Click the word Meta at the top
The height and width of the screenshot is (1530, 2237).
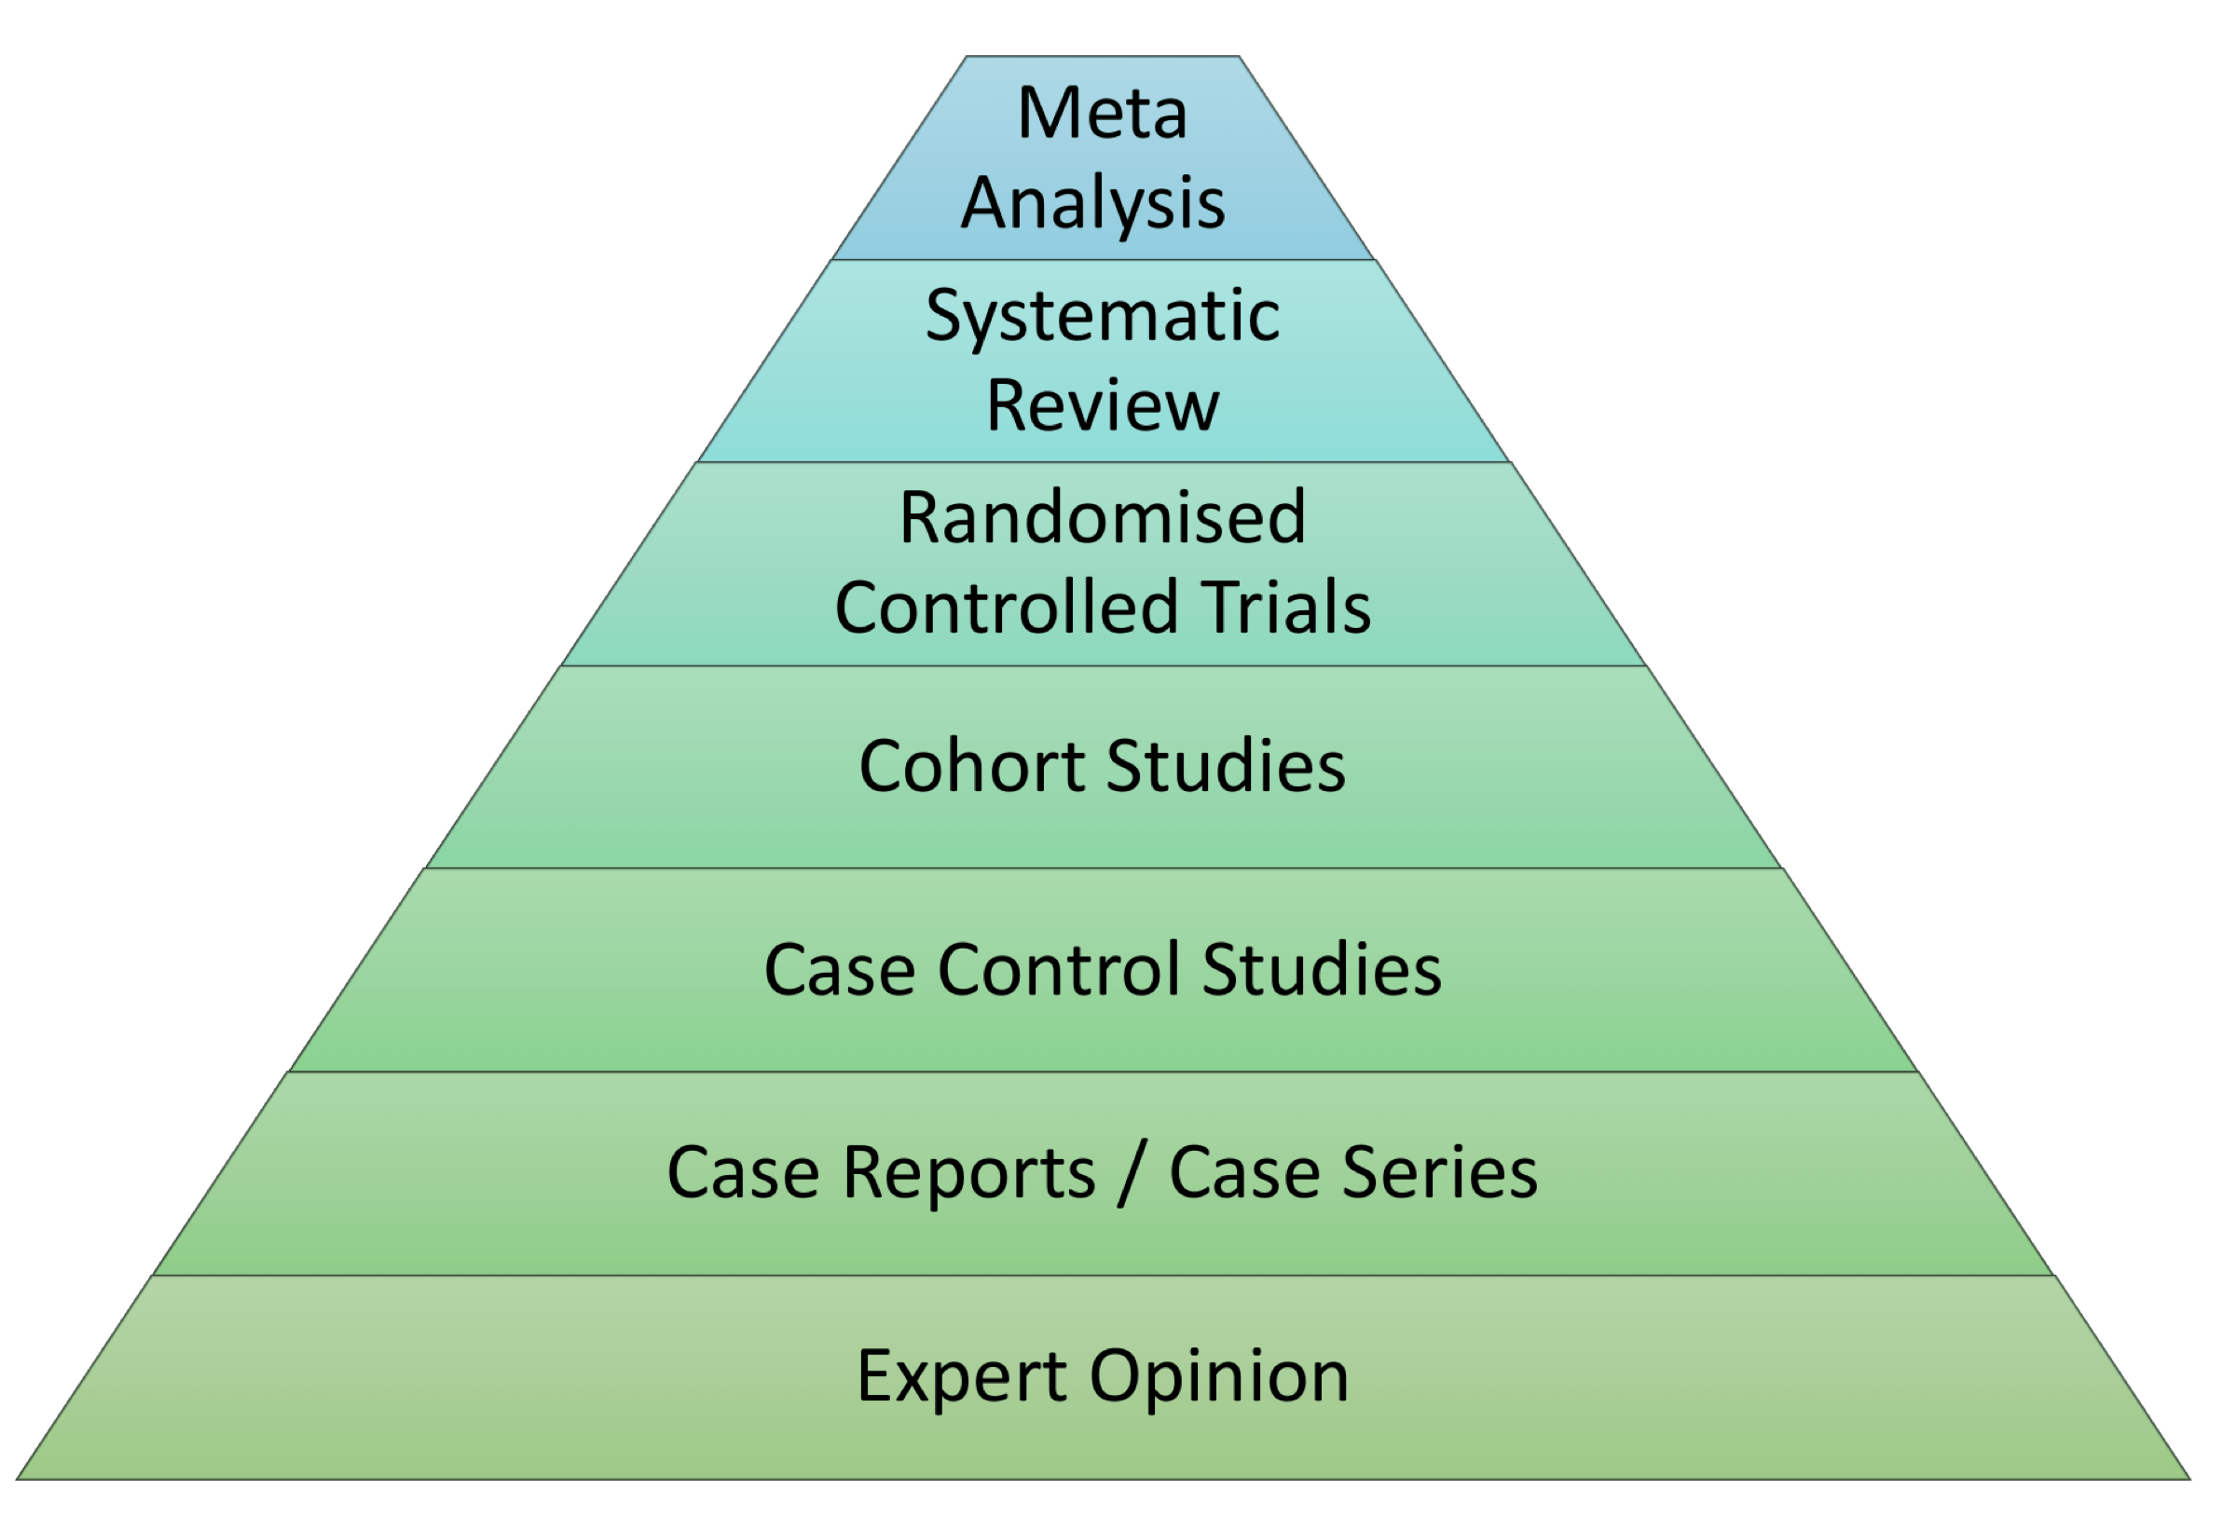pyautogui.click(x=1102, y=114)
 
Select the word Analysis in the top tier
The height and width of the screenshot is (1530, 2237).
pyautogui.click(x=1093, y=204)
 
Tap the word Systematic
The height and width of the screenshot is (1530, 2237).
pyautogui.click(x=1102, y=318)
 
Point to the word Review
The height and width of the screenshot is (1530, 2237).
pyautogui.click(x=1102, y=406)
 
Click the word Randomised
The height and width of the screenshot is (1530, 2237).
pyautogui.click(x=1102, y=518)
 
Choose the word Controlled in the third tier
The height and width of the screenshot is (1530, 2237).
pyautogui.click(x=1006, y=608)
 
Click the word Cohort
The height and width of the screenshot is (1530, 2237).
pyautogui.click(x=972, y=767)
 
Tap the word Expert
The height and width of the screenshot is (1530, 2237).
pyautogui.click(x=962, y=1377)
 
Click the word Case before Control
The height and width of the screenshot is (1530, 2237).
pyautogui.click(x=840, y=969)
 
